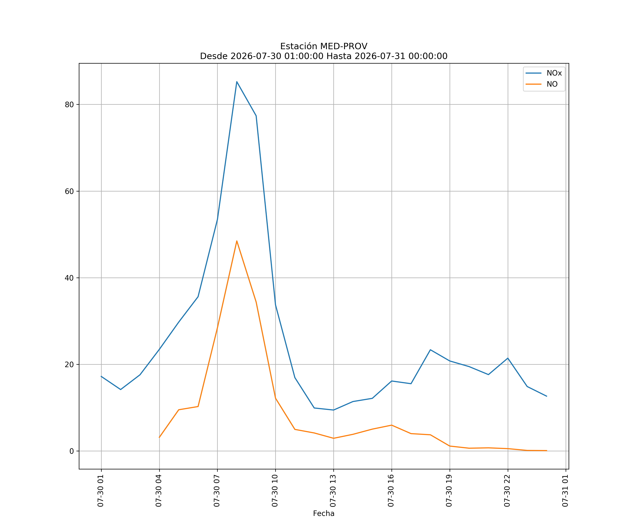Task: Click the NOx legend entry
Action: (544, 73)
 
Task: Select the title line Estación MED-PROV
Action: (324, 46)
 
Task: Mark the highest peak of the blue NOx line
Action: (237, 82)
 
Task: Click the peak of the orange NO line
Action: (237, 241)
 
